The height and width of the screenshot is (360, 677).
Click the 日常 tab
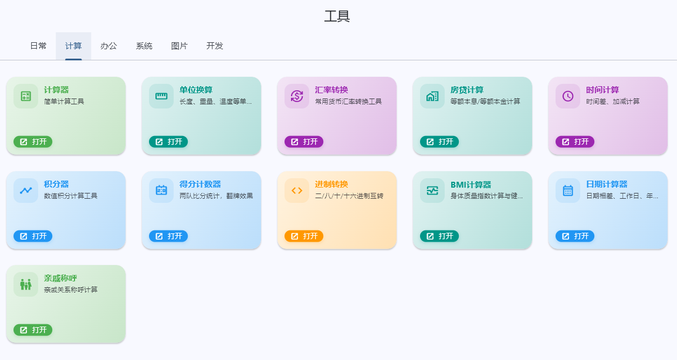38,46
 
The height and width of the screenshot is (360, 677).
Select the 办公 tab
109,46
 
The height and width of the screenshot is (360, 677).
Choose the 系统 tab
144,46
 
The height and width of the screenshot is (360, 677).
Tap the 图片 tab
179,46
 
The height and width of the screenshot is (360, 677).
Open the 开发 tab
215,46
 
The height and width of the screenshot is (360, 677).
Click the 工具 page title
337,16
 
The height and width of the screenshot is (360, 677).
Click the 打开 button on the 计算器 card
33,141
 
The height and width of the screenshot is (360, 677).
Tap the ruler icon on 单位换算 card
161,96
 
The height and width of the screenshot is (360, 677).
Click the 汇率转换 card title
331,90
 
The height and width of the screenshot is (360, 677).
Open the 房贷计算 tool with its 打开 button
439,141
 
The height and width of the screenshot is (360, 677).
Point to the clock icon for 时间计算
568,96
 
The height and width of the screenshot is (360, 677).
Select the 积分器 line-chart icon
26,191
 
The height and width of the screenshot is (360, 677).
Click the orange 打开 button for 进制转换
304,236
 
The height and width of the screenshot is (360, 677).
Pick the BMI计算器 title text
470,184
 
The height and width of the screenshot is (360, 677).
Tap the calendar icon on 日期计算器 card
568,191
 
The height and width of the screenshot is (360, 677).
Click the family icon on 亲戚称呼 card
26,284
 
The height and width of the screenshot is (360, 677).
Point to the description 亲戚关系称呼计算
71,290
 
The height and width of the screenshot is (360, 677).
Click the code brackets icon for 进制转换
297,191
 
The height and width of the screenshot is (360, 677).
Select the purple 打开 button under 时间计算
575,141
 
